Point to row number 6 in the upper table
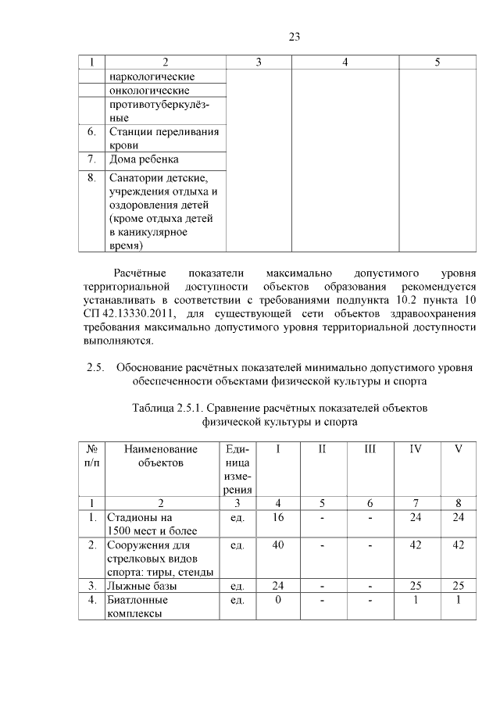91,131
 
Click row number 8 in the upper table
91,178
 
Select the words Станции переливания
163,131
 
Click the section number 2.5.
95,367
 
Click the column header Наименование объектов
161,455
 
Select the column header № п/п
91,455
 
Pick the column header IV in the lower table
417,449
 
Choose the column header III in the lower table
370,449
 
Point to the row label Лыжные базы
142,585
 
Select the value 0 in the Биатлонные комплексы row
277,600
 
